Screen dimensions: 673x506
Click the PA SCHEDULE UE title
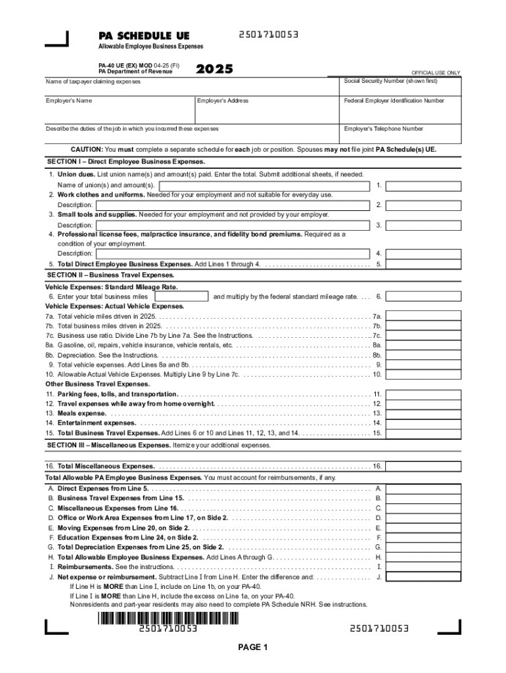(x=144, y=35)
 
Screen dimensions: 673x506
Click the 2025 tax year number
(x=214, y=68)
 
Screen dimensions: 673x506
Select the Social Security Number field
(x=401, y=89)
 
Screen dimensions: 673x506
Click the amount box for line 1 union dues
(x=423, y=186)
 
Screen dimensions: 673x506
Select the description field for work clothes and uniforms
(x=223, y=205)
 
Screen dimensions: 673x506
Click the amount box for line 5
(x=423, y=264)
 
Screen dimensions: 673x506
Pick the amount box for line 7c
(x=423, y=335)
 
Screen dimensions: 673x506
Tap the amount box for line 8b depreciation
(x=423, y=355)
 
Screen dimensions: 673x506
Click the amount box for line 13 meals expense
(x=423, y=413)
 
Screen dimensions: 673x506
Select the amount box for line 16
(x=423, y=466)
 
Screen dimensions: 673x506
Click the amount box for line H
(x=423, y=557)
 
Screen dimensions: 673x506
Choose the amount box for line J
(x=423, y=576)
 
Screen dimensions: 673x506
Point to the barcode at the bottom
(x=168, y=618)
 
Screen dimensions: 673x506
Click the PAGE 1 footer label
(x=253, y=648)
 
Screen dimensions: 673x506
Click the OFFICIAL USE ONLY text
(x=435, y=72)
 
